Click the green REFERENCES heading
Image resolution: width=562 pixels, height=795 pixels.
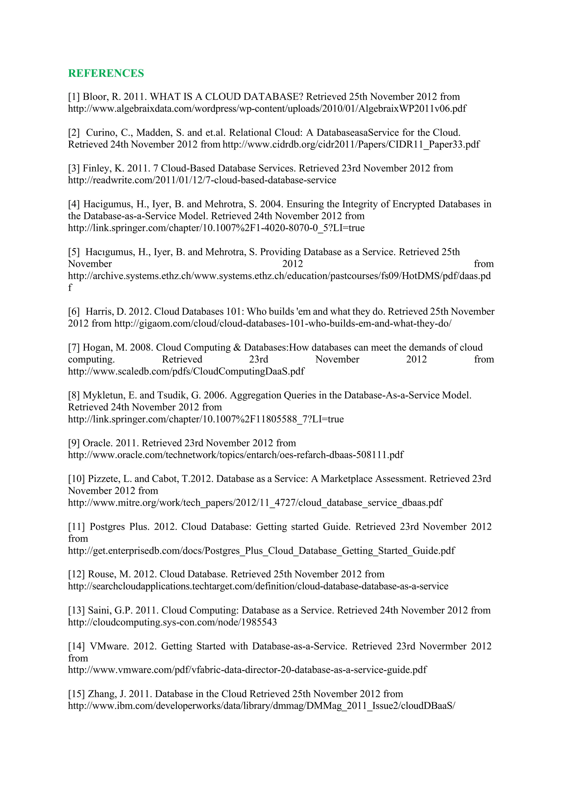click(x=106, y=73)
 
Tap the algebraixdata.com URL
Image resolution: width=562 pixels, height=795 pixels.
click(x=267, y=109)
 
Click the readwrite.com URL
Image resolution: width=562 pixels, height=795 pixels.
click(x=202, y=180)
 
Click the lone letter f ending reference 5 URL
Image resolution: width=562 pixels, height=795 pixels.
click(x=70, y=288)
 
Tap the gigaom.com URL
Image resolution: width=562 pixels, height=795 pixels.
click(x=283, y=324)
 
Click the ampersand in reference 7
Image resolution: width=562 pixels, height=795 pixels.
click(x=237, y=348)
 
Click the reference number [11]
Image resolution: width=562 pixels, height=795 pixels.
click(x=77, y=527)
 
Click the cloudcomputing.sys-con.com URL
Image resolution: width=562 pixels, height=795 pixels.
click(x=172, y=622)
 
